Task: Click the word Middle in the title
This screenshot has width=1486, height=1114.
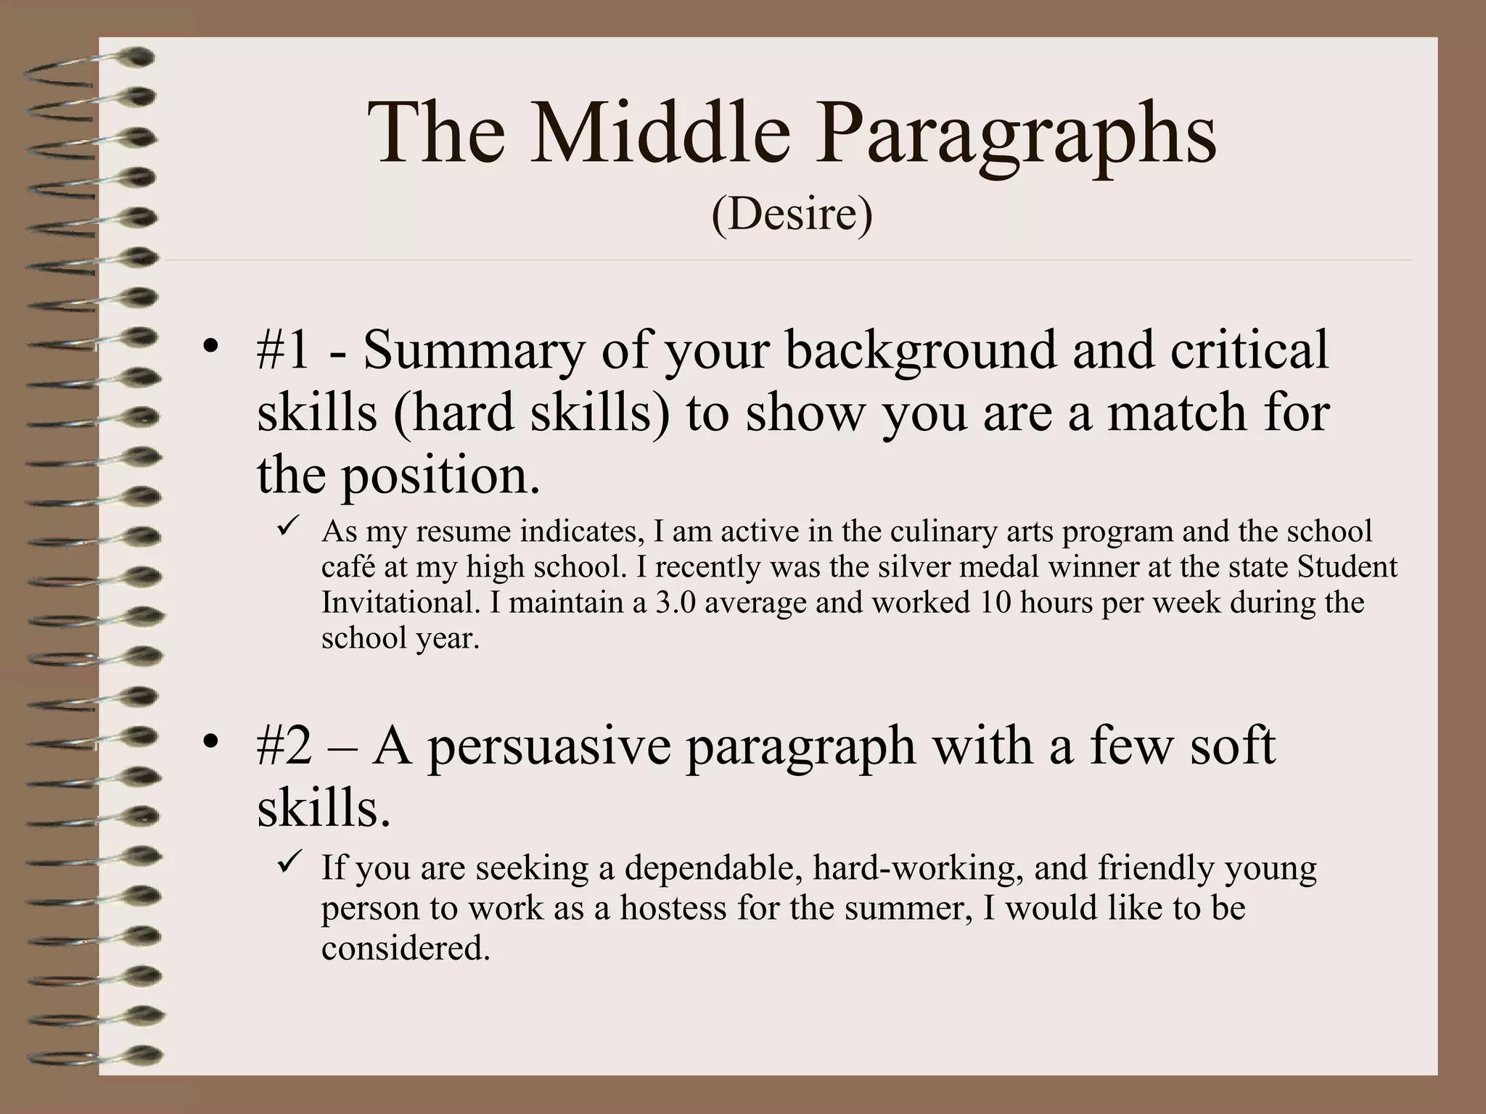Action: [x=659, y=134]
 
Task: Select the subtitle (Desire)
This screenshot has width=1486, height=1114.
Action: [x=792, y=215]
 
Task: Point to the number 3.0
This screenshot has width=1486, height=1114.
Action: [x=675, y=603]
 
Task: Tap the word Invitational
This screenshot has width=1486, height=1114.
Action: [x=399, y=603]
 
